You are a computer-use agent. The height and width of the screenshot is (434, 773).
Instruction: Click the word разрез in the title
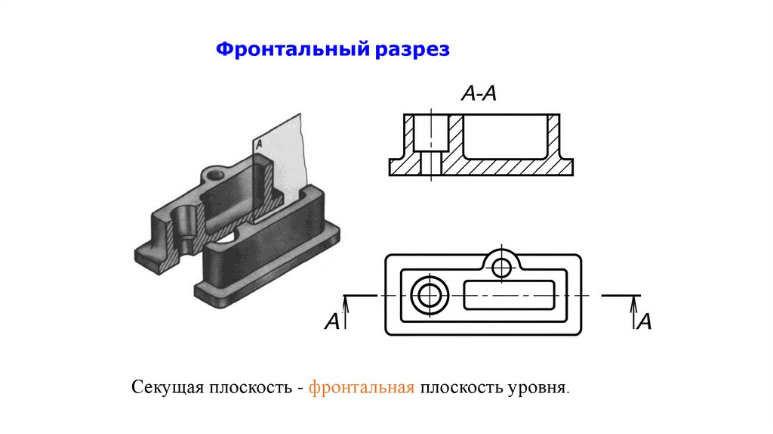(x=412, y=51)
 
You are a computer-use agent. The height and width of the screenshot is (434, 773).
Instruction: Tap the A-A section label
(x=478, y=95)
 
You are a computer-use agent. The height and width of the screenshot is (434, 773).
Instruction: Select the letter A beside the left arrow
(x=331, y=322)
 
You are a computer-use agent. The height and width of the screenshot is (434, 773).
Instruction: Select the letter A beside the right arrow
(x=644, y=322)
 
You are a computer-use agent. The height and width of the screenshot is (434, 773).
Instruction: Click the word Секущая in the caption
(x=165, y=389)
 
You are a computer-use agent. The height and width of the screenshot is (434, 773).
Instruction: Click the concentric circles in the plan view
(x=430, y=295)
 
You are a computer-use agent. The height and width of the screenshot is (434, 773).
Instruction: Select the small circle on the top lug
(x=500, y=266)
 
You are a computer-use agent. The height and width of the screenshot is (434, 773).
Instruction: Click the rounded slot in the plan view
(x=510, y=295)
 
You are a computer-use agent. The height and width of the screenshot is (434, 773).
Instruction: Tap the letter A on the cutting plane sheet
(x=258, y=142)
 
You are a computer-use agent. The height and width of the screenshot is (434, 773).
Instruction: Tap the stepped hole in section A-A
(x=431, y=144)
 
